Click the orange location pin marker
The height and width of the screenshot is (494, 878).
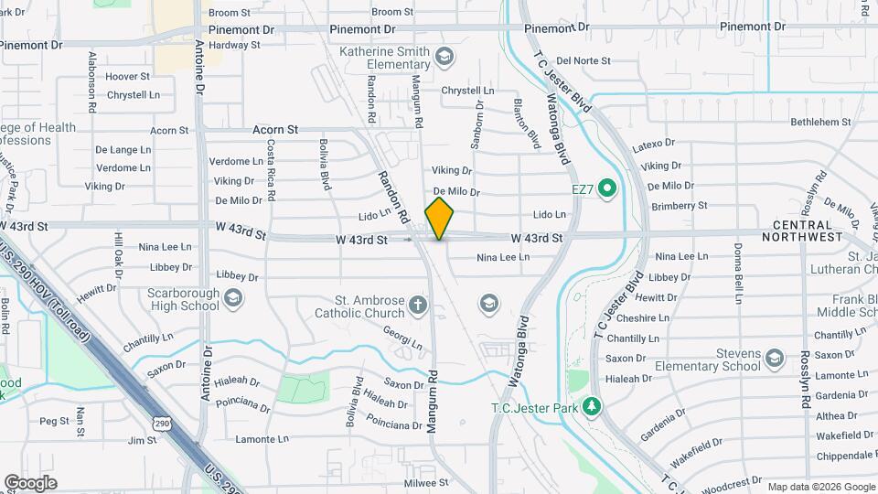point(440,218)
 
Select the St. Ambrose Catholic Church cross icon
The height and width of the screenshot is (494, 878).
point(418,305)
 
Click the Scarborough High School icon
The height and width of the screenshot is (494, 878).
point(233,297)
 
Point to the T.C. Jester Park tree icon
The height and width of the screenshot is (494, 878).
point(592,404)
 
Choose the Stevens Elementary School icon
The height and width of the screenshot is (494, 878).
point(776,357)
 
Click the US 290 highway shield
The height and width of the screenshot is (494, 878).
point(162,424)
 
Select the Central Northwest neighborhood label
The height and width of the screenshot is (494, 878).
point(808,231)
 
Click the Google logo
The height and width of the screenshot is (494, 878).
point(30,483)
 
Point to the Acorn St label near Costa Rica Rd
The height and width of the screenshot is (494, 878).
point(275,130)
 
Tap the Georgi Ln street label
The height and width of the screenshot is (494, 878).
point(402,338)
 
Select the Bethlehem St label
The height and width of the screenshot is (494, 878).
point(820,122)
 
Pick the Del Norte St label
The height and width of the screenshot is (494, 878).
point(583,61)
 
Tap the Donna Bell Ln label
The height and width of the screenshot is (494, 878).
point(737,272)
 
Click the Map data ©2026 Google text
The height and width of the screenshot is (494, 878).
point(821,487)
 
